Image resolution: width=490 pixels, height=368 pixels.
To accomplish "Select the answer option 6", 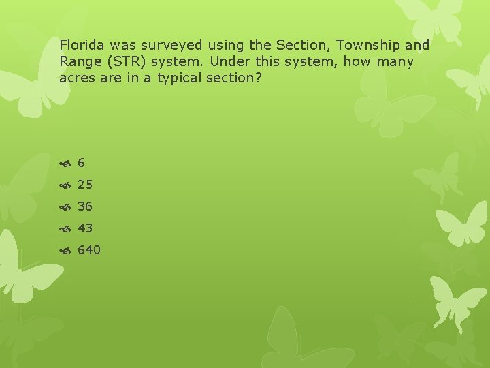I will (81, 163).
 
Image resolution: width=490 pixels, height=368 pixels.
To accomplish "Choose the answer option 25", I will (85, 185).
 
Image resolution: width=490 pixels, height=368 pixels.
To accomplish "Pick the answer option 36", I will (85, 206).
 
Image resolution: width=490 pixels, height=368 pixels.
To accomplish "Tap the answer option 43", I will (85, 228).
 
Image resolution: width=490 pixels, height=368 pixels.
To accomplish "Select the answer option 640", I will (89, 250).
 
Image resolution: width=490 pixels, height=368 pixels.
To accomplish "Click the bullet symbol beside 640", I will (65, 251).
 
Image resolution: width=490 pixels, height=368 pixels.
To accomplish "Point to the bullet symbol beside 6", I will (65, 164).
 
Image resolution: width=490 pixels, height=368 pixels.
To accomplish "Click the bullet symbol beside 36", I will (65, 207).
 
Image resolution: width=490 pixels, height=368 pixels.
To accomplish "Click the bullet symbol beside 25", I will (65, 185).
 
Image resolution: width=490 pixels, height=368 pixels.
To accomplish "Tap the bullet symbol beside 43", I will (65, 229).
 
